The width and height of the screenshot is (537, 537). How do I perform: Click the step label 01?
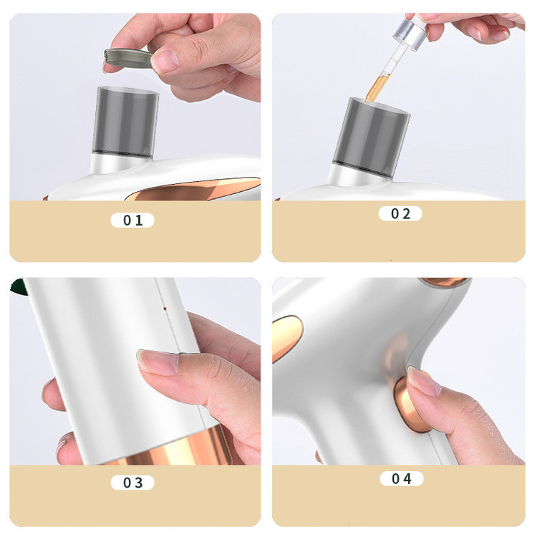tap(132, 221)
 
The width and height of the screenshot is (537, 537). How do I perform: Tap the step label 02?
tap(400, 213)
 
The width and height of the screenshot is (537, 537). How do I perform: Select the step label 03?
tap(132, 483)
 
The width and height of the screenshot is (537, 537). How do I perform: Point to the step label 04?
tap(402, 478)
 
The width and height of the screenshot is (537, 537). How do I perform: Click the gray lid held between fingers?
tap(127, 58)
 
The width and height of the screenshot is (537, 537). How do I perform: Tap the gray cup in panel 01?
tap(126, 122)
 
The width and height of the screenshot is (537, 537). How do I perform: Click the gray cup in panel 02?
tap(372, 137)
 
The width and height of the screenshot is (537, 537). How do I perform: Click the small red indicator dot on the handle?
tap(165, 309)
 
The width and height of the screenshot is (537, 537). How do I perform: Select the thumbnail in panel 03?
tap(158, 362)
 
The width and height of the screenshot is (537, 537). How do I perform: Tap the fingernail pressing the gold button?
tap(424, 381)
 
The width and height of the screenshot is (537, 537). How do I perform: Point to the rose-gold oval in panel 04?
tap(287, 339)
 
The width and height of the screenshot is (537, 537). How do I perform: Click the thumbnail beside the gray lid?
tap(166, 61)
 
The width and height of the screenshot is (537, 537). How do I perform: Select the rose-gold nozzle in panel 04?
tap(443, 281)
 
